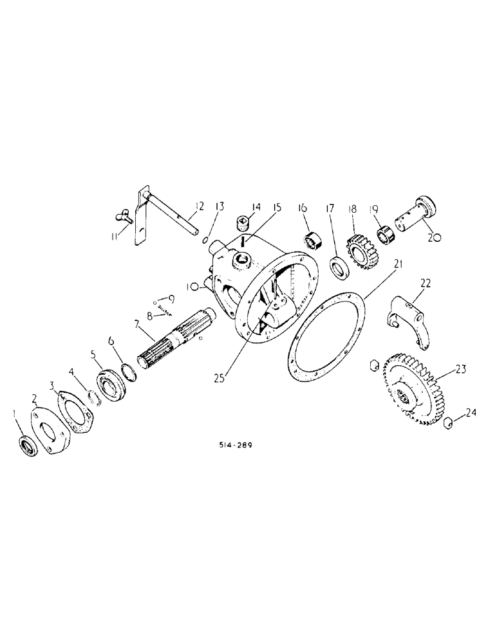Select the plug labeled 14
(242, 224)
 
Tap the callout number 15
(277, 207)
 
